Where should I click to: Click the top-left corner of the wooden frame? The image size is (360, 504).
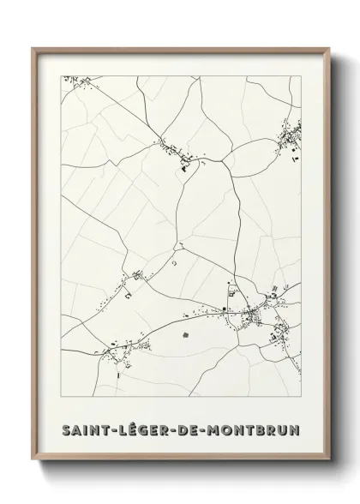[x=34, y=49]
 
